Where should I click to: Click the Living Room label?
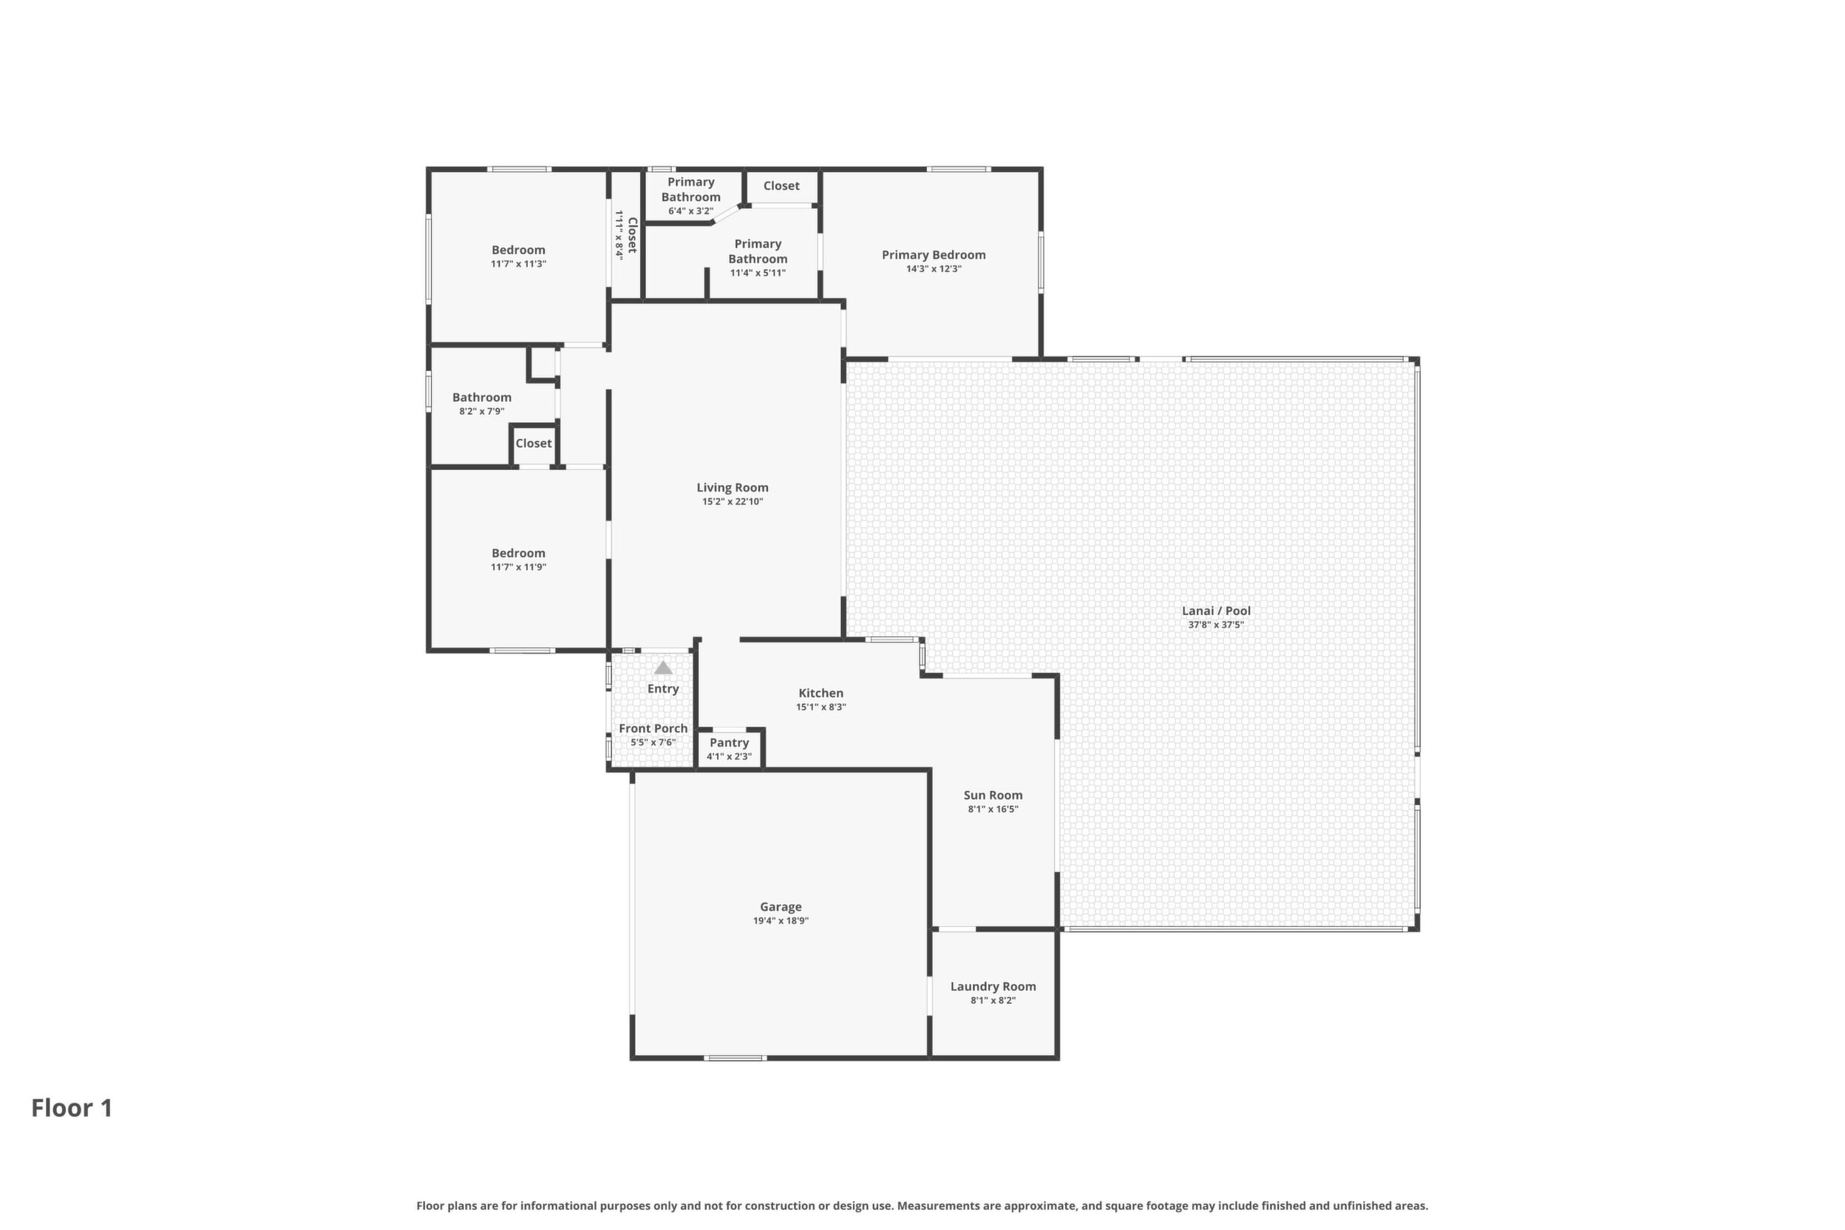[x=732, y=487]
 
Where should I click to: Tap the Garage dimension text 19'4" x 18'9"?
[x=781, y=921]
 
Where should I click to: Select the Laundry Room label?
[x=993, y=986]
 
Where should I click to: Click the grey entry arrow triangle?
[x=663, y=667]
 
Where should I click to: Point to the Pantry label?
[x=729, y=742]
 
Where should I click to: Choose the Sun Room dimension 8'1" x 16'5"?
[x=993, y=809]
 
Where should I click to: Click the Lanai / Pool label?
[x=1216, y=611]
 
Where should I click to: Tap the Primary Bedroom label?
[x=934, y=255]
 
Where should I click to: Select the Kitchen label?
[x=820, y=693]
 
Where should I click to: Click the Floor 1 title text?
[x=72, y=1107]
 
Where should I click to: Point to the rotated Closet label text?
[x=632, y=235]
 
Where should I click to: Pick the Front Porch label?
[x=653, y=728]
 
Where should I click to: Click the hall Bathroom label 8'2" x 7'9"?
[x=482, y=397]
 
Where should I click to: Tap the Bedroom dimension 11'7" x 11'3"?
[x=518, y=265]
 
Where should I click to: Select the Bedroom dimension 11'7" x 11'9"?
[x=518, y=567]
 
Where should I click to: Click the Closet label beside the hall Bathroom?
[x=534, y=444]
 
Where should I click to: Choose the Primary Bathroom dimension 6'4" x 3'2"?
[x=690, y=211]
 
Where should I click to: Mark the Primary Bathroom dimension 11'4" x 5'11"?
[x=758, y=273]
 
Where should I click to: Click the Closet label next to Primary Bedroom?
[x=781, y=186]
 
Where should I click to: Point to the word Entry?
[x=663, y=689]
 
